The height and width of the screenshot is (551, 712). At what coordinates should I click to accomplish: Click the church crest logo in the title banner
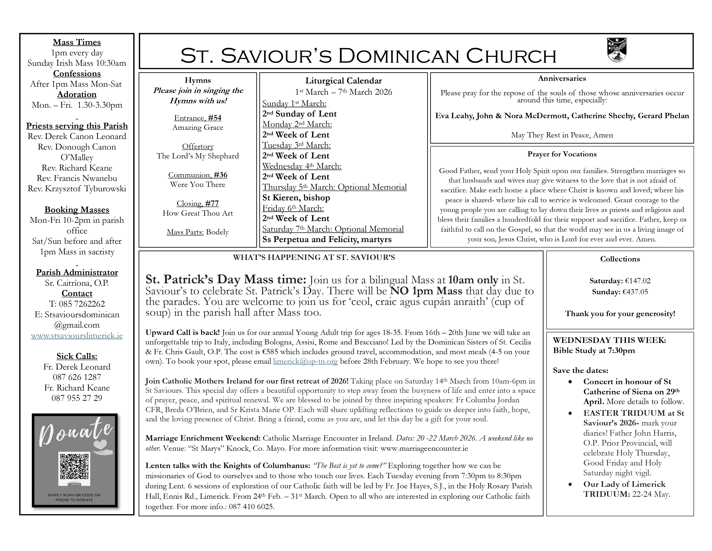coord(617,50)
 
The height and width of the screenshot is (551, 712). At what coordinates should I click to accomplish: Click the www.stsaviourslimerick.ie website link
coord(77,336)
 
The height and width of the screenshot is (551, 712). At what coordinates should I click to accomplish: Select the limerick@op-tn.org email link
coord(305,361)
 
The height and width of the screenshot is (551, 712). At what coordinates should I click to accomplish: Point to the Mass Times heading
coord(77,42)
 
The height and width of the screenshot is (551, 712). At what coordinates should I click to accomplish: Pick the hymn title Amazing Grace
coord(198,128)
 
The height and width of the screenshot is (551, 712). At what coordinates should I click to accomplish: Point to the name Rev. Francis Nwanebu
coord(77,178)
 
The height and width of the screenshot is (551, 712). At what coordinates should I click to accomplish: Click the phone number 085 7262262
coord(82,304)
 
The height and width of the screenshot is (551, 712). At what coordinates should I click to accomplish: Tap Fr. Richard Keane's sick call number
coord(77,398)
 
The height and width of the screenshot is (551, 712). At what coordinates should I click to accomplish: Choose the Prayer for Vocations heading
coord(562,154)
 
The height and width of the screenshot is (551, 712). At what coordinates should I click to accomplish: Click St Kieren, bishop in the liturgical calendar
coord(296,198)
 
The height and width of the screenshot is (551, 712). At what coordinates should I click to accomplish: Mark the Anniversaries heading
coord(562,78)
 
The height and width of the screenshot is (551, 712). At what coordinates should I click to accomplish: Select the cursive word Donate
coord(76,433)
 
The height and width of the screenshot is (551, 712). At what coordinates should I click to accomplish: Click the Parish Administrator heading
coord(77,272)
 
